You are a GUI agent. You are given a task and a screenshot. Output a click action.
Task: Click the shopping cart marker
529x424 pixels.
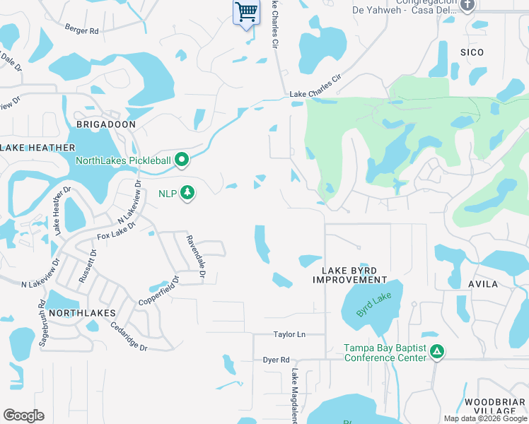pyautogui.click(x=245, y=12)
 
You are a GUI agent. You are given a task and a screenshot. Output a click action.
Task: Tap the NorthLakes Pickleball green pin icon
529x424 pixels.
pyautogui.click(x=182, y=160)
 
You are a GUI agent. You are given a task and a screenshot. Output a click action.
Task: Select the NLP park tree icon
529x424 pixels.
pyautogui.click(x=187, y=193)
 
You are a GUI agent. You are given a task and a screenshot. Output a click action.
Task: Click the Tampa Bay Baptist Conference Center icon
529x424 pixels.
pyautogui.click(x=438, y=351)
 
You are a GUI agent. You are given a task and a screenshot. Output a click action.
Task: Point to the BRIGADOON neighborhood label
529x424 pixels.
pyautogui.click(x=105, y=124)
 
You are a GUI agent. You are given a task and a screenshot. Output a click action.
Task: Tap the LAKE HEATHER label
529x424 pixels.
pyautogui.click(x=38, y=148)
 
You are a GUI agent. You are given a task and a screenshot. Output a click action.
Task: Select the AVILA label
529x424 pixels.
pyautogui.click(x=483, y=284)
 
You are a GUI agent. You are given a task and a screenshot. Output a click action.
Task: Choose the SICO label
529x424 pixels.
pyautogui.click(x=472, y=52)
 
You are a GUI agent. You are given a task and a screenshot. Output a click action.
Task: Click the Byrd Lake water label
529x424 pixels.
pyautogui.click(x=373, y=305)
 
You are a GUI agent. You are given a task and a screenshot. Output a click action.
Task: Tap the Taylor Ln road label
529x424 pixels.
pyautogui.click(x=290, y=334)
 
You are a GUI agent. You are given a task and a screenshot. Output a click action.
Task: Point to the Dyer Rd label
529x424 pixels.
pyautogui.click(x=277, y=360)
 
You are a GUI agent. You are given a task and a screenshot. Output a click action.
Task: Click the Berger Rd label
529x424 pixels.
pyautogui.click(x=81, y=30)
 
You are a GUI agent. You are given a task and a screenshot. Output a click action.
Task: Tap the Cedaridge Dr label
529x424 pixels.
pyautogui.click(x=129, y=337)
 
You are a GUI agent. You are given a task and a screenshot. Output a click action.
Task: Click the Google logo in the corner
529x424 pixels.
pyautogui.click(x=23, y=416)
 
